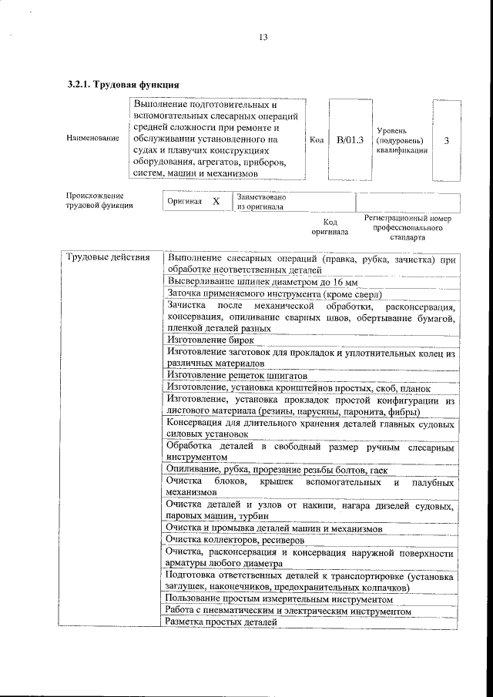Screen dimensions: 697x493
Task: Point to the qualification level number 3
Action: click(447, 140)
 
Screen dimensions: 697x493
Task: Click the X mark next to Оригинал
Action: click(216, 202)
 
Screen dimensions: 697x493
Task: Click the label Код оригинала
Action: click(330, 226)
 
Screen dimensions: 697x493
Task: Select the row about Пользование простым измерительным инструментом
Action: click(280, 598)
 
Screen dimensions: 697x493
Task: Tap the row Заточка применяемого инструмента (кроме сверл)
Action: click(274, 293)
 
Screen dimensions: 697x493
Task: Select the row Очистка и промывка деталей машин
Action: click(273, 529)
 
